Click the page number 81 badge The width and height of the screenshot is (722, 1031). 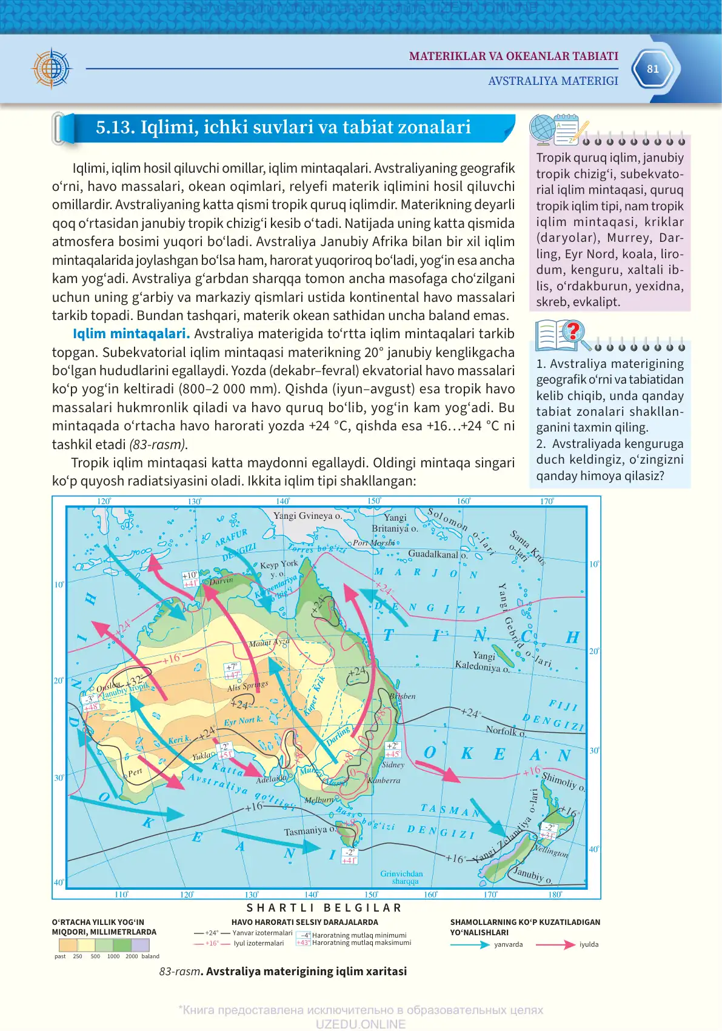(x=653, y=69)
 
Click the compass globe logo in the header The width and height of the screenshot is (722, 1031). (x=52, y=68)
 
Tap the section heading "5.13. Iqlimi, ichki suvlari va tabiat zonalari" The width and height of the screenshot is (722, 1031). (x=283, y=127)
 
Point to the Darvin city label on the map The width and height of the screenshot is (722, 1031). (x=221, y=580)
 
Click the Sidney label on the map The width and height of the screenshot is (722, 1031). (x=393, y=765)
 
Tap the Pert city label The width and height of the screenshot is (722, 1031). (x=135, y=772)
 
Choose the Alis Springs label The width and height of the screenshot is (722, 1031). (x=247, y=686)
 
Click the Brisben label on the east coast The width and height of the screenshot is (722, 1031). (x=403, y=696)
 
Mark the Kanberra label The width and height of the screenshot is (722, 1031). (x=384, y=781)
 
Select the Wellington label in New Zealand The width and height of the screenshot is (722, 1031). (x=551, y=852)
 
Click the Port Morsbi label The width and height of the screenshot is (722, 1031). (x=373, y=542)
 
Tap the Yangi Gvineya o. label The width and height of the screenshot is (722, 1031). (x=307, y=516)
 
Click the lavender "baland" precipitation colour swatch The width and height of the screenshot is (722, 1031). (x=141, y=945)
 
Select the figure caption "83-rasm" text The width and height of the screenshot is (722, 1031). (x=179, y=972)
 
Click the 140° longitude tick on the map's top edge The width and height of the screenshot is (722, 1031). (x=283, y=501)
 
